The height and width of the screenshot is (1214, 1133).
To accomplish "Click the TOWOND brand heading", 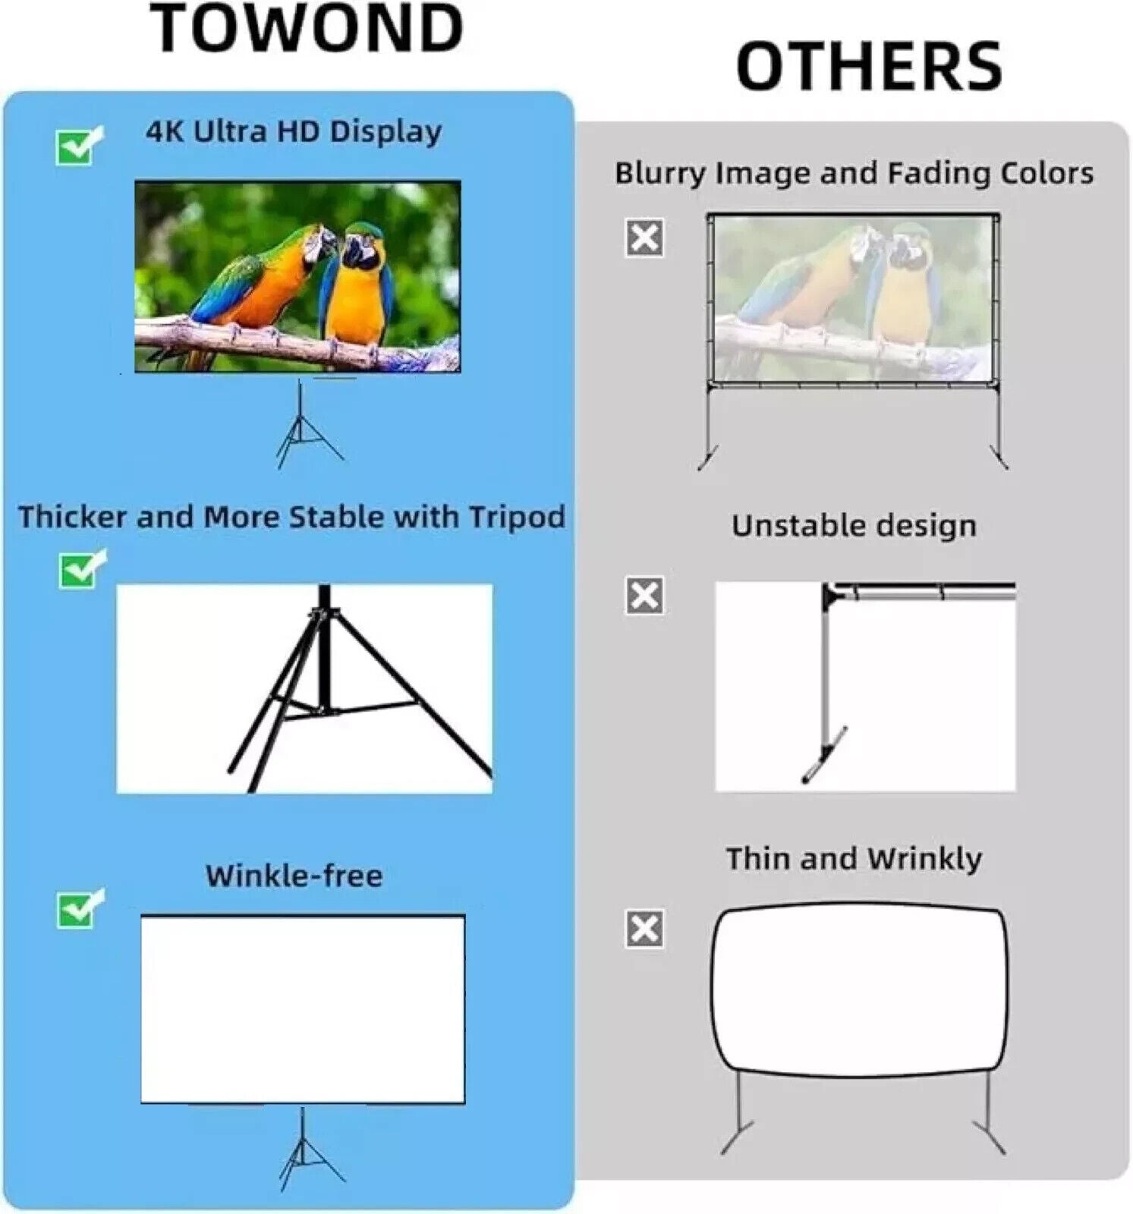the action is click(307, 28).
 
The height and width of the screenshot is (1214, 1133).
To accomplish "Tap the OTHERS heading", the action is click(869, 67).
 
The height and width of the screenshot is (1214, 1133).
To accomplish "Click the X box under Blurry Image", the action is click(644, 238).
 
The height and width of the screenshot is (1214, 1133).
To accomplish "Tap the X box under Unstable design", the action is click(644, 595).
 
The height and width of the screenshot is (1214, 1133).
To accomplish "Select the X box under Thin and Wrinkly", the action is click(644, 929).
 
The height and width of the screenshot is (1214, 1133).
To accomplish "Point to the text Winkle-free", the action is click(294, 876).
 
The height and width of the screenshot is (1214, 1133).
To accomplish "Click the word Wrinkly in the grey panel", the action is click(924, 860).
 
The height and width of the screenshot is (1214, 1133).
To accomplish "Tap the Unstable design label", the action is click(854, 526).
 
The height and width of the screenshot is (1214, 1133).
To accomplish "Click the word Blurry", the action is click(660, 174).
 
